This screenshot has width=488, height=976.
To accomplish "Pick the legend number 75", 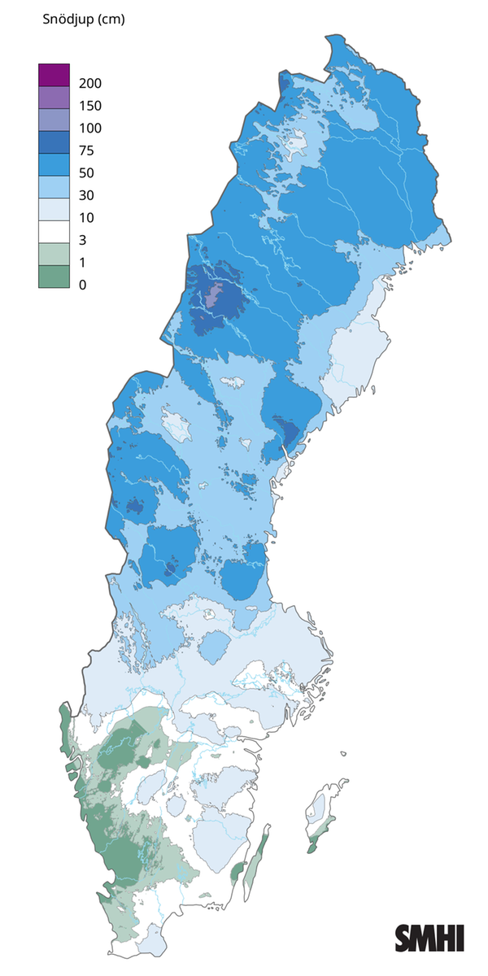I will coord(87,151).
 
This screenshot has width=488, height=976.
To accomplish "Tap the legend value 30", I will coord(87,196).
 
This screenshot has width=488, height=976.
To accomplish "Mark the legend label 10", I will coord(87,219).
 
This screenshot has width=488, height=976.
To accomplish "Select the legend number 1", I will coord(83,264).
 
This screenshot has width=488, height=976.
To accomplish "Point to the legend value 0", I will coord(83,285).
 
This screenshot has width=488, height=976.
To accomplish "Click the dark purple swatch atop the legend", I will coord(54,75).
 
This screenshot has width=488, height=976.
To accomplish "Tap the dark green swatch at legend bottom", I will coord(54,277).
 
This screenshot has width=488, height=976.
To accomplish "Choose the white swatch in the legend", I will coord(54,233).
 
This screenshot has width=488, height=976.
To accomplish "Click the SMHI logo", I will coord(429,937).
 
